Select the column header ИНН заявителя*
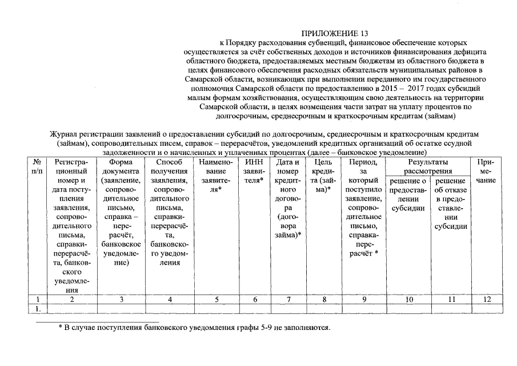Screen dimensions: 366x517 point(254,171)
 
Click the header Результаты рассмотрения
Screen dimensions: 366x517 point(428,166)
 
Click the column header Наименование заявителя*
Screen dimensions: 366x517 point(215,176)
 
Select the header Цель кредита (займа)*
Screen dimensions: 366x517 point(323,176)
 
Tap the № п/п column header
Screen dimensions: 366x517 point(37,166)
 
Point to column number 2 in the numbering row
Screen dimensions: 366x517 point(71,299)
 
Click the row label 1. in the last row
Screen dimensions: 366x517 point(37,309)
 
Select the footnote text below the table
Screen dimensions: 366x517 point(194,328)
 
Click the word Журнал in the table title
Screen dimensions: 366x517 point(64,133)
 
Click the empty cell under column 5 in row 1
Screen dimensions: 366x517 point(215,309)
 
